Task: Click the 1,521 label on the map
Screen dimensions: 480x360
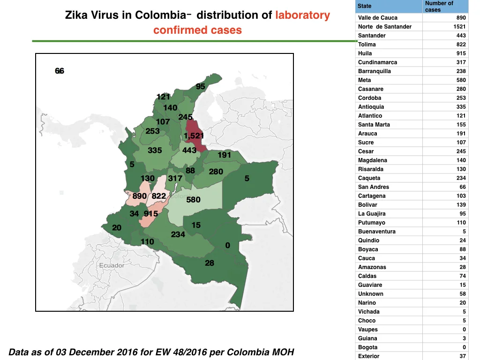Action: (194, 135)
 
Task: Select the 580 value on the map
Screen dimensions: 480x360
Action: (193, 200)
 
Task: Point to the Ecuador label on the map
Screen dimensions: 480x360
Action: (112, 265)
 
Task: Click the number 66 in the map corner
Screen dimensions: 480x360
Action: (60, 71)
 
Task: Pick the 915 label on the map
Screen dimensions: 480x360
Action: (151, 213)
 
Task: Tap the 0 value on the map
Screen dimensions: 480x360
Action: (227, 245)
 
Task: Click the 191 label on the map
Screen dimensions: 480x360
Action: (225, 155)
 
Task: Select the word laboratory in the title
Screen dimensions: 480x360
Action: (302, 15)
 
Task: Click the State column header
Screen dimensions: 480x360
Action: (364, 6)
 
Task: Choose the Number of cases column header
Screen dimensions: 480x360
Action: (439, 7)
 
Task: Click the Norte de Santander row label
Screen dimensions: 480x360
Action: (385, 27)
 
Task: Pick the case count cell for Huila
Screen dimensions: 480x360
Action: (461, 53)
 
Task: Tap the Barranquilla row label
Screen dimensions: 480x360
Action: (375, 71)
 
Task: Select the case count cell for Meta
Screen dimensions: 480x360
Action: (461, 80)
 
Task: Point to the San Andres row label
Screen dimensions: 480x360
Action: (374, 187)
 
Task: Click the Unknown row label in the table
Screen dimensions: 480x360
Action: (371, 293)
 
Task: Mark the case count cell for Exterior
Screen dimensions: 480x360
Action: (463, 356)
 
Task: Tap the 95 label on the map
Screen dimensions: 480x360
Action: (201, 86)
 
